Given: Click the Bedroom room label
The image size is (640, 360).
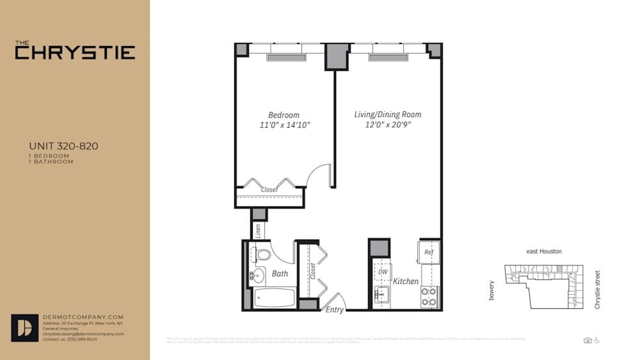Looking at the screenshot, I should (x=283, y=115).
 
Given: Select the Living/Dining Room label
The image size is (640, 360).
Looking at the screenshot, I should (x=387, y=114).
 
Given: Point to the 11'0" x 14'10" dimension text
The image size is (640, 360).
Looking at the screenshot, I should (x=283, y=125).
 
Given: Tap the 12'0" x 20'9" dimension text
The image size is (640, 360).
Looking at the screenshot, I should (x=387, y=125).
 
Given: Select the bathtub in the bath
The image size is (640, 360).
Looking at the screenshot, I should (x=274, y=298).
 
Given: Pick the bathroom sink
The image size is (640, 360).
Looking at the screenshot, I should (x=257, y=276).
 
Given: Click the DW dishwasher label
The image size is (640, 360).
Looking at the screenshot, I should (x=382, y=271).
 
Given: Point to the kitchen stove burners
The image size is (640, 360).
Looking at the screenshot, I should (x=429, y=297).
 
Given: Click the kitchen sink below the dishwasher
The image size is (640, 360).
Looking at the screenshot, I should (x=382, y=293).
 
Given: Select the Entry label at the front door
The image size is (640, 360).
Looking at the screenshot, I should (x=334, y=310).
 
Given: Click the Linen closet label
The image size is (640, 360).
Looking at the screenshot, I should (x=258, y=230).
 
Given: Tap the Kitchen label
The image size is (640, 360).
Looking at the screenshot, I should (x=406, y=281).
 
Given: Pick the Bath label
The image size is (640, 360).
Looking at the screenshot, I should (x=280, y=274).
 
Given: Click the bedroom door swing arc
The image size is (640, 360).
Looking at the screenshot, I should (x=320, y=173).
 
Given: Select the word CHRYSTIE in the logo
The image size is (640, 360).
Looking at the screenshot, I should (x=75, y=53).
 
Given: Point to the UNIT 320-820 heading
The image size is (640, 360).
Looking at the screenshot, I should (x=63, y=146).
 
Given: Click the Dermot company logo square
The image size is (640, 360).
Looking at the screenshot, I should (x=25, y=327).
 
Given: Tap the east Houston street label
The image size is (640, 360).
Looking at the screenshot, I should (x=543, y=251).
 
